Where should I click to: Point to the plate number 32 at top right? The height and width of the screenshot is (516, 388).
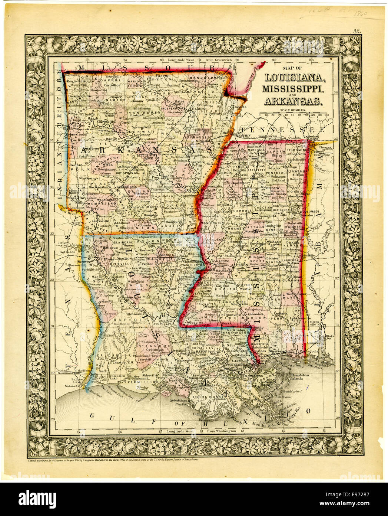(357, 32)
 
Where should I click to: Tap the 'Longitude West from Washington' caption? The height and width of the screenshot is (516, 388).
(202, 431)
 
